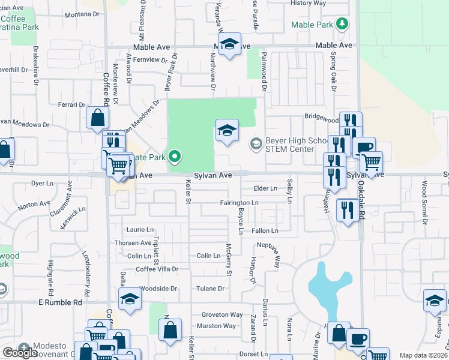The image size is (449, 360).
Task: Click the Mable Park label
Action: [x=312, y=25]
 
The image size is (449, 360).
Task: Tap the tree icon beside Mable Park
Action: [x=342, y=24]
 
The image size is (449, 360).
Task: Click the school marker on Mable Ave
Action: [x=229, y=44]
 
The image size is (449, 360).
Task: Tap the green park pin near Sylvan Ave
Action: [x=175, y=157]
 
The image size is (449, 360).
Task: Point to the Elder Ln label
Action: [x=265, y=188]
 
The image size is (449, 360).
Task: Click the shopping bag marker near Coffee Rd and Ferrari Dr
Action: [x=97, y=118]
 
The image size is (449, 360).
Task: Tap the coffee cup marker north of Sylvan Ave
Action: [x=364, y=146]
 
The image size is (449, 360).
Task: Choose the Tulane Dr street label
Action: [x=210, y=289]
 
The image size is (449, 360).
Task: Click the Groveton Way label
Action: [x=222, y=314]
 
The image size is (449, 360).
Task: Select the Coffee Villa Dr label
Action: [x=157, y=269]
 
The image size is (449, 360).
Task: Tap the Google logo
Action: [x=20, y=353]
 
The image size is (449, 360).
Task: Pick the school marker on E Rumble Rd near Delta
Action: [x=130, y=299]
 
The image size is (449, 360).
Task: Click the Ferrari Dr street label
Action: [x=71, y=104]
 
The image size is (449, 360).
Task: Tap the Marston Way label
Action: [x=217, y=326]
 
